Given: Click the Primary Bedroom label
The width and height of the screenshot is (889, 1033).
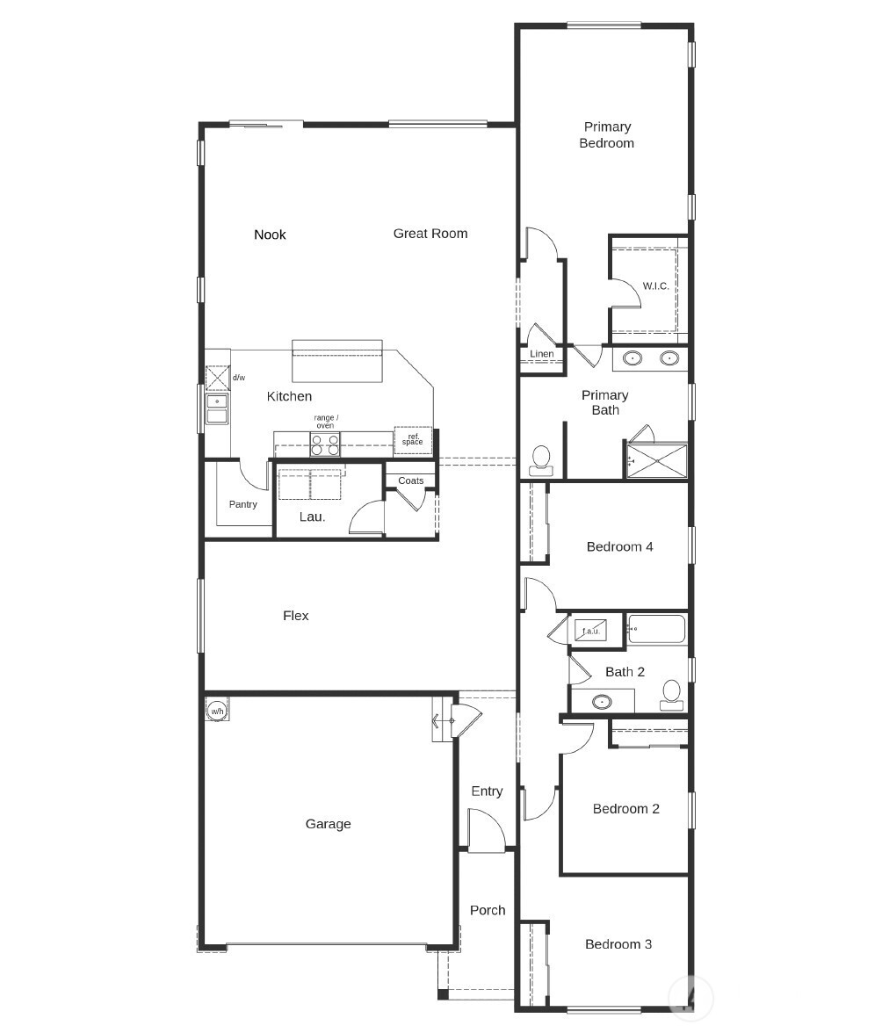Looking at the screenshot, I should pos(606,134).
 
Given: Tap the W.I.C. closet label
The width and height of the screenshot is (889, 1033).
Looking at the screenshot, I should pos(655,285).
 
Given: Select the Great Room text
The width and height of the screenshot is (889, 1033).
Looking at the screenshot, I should pos(430,233).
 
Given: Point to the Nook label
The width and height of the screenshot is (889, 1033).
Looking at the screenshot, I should pos(270,234).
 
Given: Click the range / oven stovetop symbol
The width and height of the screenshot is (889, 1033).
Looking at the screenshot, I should pos(325,445).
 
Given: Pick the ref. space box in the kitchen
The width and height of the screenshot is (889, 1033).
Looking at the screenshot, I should pos(412,440).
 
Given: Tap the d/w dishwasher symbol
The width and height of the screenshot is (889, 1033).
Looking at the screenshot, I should pos(218,378).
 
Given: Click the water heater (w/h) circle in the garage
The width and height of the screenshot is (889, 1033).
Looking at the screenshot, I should pos(217,710).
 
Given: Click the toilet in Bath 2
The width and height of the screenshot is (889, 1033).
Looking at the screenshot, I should pos(672,693).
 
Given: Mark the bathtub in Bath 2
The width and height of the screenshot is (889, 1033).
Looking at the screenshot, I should pos(656,629).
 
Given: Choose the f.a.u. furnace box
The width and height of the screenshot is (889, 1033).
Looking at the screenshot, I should pos(588,630).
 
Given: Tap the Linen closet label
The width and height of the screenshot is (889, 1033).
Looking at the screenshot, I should pos(542,354).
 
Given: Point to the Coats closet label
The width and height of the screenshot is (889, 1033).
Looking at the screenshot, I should pos(410,480).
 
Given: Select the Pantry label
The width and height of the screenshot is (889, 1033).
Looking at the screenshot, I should pos(243,504).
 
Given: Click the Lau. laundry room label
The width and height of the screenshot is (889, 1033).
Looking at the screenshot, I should pos(312,516).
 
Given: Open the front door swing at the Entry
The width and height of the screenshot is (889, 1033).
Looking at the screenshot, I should pos(486,830).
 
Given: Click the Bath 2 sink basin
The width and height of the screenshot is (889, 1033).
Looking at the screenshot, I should pos(602,702).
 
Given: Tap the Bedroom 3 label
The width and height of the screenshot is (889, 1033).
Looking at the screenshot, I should pos(618,944).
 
